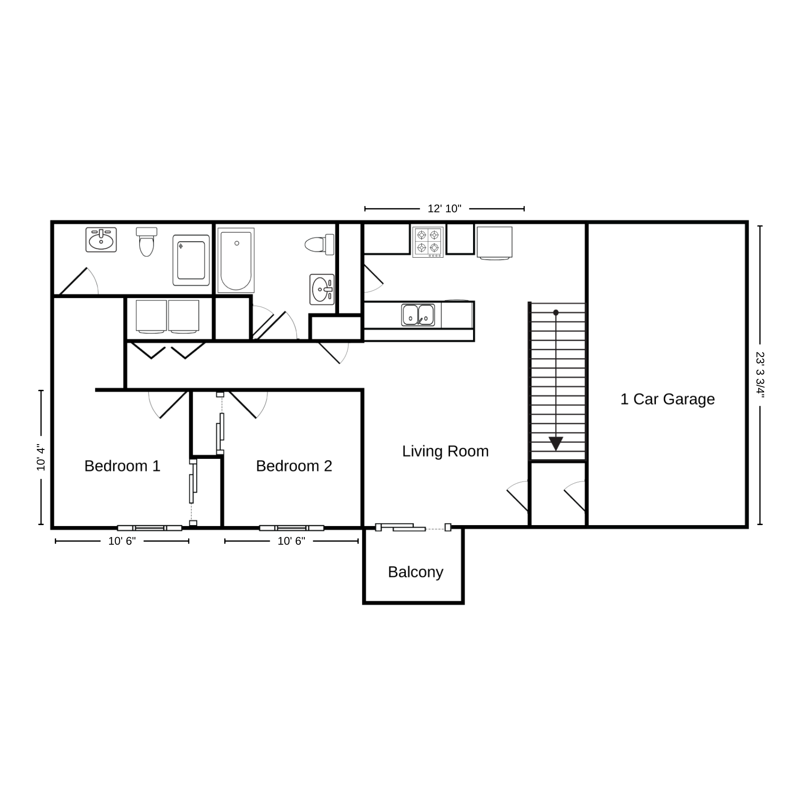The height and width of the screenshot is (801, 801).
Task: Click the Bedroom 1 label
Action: pyautogui.click(x=122, y=466)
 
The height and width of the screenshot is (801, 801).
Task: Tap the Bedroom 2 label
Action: pyautogui.click(x=294, y=466)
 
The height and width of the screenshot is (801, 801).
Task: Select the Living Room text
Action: pyautogui.click(x=445, y=451)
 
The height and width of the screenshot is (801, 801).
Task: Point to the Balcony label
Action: pyautogui.click(x=416, y=572)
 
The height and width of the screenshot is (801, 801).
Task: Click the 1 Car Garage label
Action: pyautogui.click(x=667, y=399)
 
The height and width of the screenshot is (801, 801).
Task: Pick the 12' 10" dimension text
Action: pyautogui.click(x=445, y=209)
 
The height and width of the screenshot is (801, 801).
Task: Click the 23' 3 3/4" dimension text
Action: pyautogui.click(x=760, y=375)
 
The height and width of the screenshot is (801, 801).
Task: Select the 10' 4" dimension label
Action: pyautogui.click(x=41, y=457)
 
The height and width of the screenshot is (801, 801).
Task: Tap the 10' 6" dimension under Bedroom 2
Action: pyautogui.click(x=291, y=541)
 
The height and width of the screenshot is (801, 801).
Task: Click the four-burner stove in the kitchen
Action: pyautogui.click(x=428, y=242)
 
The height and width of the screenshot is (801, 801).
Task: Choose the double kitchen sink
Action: pyautogui.click(x=418, y=315)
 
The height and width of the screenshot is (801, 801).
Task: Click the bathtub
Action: pyautogui.click(x=236, y=261)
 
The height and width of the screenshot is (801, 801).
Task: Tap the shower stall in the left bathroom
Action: pyautogui.click(x=191, y=260)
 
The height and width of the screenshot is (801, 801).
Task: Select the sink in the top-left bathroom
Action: pyautogui.click(x=101, y=240)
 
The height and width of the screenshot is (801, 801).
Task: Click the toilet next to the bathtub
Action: pyautogui.click(x=320, y=244)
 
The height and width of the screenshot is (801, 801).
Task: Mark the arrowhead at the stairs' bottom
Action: pyautogui.click(x=556, y=444)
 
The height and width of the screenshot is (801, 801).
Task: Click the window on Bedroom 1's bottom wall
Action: pyautogui.click(x=150, y=528)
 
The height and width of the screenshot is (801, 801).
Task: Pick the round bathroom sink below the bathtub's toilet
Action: pyautogui.click(x=322, y=289)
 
